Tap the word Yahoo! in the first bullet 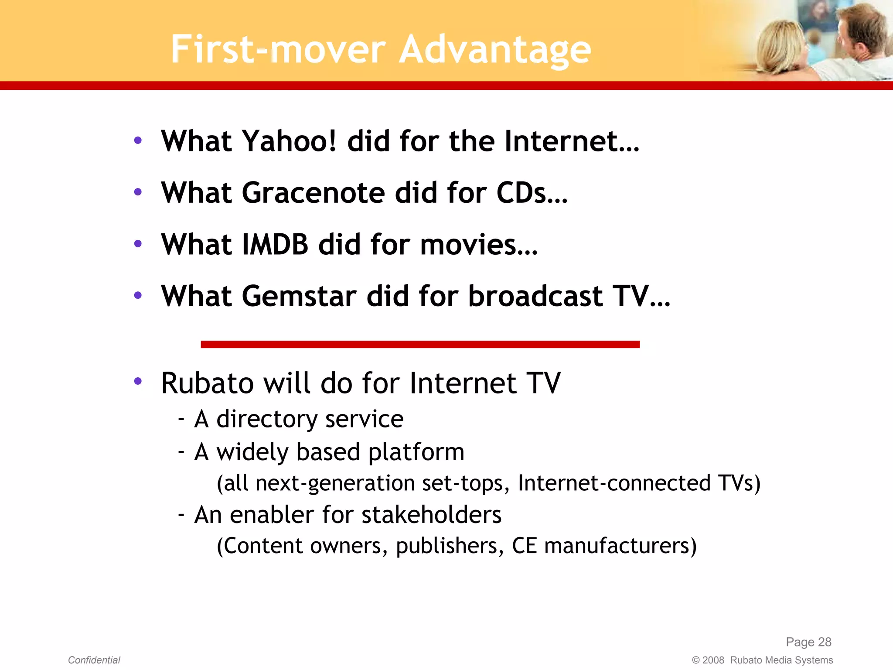coord(289,141)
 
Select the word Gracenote coord(314,193)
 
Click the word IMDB coord(275,244)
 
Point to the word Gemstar coord(299,296)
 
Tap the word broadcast coord(535,296)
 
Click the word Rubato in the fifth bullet coord(208,383)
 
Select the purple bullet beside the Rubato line coord(138,382)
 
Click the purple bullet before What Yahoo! coord(138,140)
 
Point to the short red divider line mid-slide coord(420,345)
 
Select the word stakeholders coord(431,515)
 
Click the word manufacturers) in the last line coord(620,546)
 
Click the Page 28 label coord(808,642)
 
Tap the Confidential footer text coord(94,660)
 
